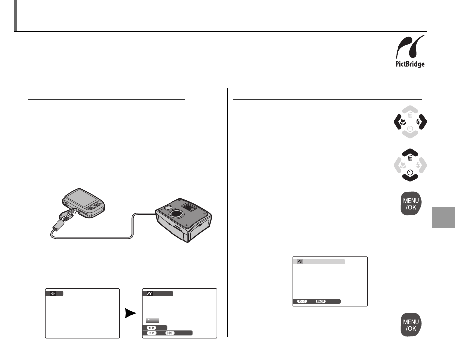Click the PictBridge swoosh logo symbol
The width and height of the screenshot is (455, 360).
pyautogui.click(x=410, y=47)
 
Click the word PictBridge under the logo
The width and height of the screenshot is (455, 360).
pyautogui.click(x=410, y=64)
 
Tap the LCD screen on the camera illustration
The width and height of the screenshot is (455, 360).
pyautogui.click(x=79, y=197)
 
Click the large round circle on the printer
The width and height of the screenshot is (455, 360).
pyautogui.click(x=175, y=214)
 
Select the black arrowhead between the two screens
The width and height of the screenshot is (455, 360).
pyautogui.click(x=131, y=313)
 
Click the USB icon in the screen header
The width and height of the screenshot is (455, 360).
pyautogui.click(x=53, y=294)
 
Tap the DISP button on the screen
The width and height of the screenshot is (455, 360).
pyautogui.click(x=170, y=333)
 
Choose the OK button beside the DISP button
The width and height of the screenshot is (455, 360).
pyautogui.click(x=152, y=333)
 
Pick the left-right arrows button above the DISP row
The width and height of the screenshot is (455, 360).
pyautogui.click(x=152, y=328)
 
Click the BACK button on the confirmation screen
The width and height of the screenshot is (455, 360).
pyautogui.click(x=320, y=301)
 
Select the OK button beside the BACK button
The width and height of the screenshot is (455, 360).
pyautogui.click(x=302, y=301)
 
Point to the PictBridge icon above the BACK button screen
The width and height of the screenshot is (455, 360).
pyautogui.click(x=300, y=262)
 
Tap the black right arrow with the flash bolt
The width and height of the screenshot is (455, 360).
pyautogui.click(x=421, y=122)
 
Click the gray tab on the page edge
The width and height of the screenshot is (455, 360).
pyautogui.click(x=444, y=218)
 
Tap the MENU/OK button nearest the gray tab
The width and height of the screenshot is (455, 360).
pyautogui.click(x=411, y=203)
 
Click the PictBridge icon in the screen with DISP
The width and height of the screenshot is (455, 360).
pyautogui.click(x=150, y=294)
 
